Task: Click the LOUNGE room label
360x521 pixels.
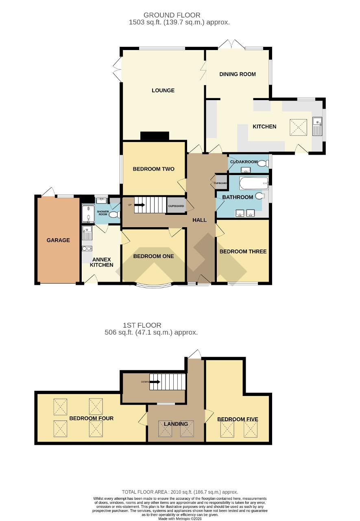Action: click(163, 90)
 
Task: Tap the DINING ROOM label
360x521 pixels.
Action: click(238, 74)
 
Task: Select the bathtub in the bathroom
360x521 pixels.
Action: click(254, 184)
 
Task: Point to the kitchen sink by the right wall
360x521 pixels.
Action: click(316, 125)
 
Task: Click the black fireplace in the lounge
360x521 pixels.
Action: click(155, 136)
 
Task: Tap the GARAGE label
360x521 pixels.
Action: click(58, 240)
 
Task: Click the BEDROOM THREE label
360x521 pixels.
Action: click(243, 252)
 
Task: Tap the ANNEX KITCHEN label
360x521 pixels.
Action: click(101, 262)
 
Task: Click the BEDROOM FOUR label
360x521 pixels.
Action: click(91, 418)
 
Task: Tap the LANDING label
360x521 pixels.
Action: click(176, 424)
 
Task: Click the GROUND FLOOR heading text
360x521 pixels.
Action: click(180, 15)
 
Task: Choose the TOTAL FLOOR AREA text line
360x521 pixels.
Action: click(180, 492)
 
